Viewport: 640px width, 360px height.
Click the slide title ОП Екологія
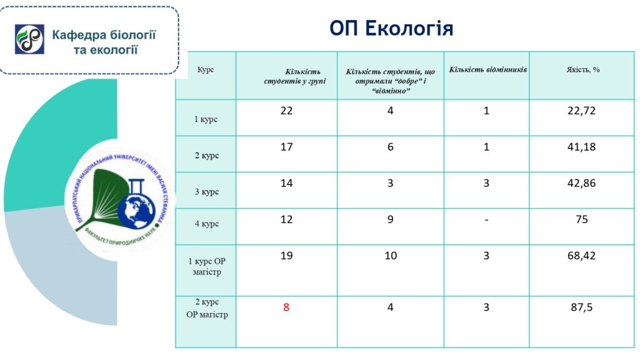click(391, 29)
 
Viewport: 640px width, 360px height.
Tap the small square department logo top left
click(29, 39)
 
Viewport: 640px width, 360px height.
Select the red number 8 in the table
click(286, 307)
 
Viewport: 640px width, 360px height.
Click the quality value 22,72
click(581, 111)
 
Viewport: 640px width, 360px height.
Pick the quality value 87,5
click(582, 307)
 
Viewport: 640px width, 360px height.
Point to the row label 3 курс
click(206, 191)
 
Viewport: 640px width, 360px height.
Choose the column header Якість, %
click(583, 69)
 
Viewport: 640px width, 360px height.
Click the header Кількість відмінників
click(487, 70)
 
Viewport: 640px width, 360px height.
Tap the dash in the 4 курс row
click(486, 220)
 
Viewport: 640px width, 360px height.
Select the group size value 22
click(286, 111)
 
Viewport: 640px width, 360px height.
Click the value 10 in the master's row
click(391, 256)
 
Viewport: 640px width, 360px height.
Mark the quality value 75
click(582, 219)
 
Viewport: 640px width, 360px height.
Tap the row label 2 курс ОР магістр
click(207, 308)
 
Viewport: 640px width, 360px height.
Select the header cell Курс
click(205, 69)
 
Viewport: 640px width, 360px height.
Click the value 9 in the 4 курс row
click(390, 219)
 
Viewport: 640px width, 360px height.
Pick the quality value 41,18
click(581, 147)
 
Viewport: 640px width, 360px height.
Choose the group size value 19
click(286, 256)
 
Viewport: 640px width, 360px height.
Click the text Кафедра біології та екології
click(104, 42)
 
